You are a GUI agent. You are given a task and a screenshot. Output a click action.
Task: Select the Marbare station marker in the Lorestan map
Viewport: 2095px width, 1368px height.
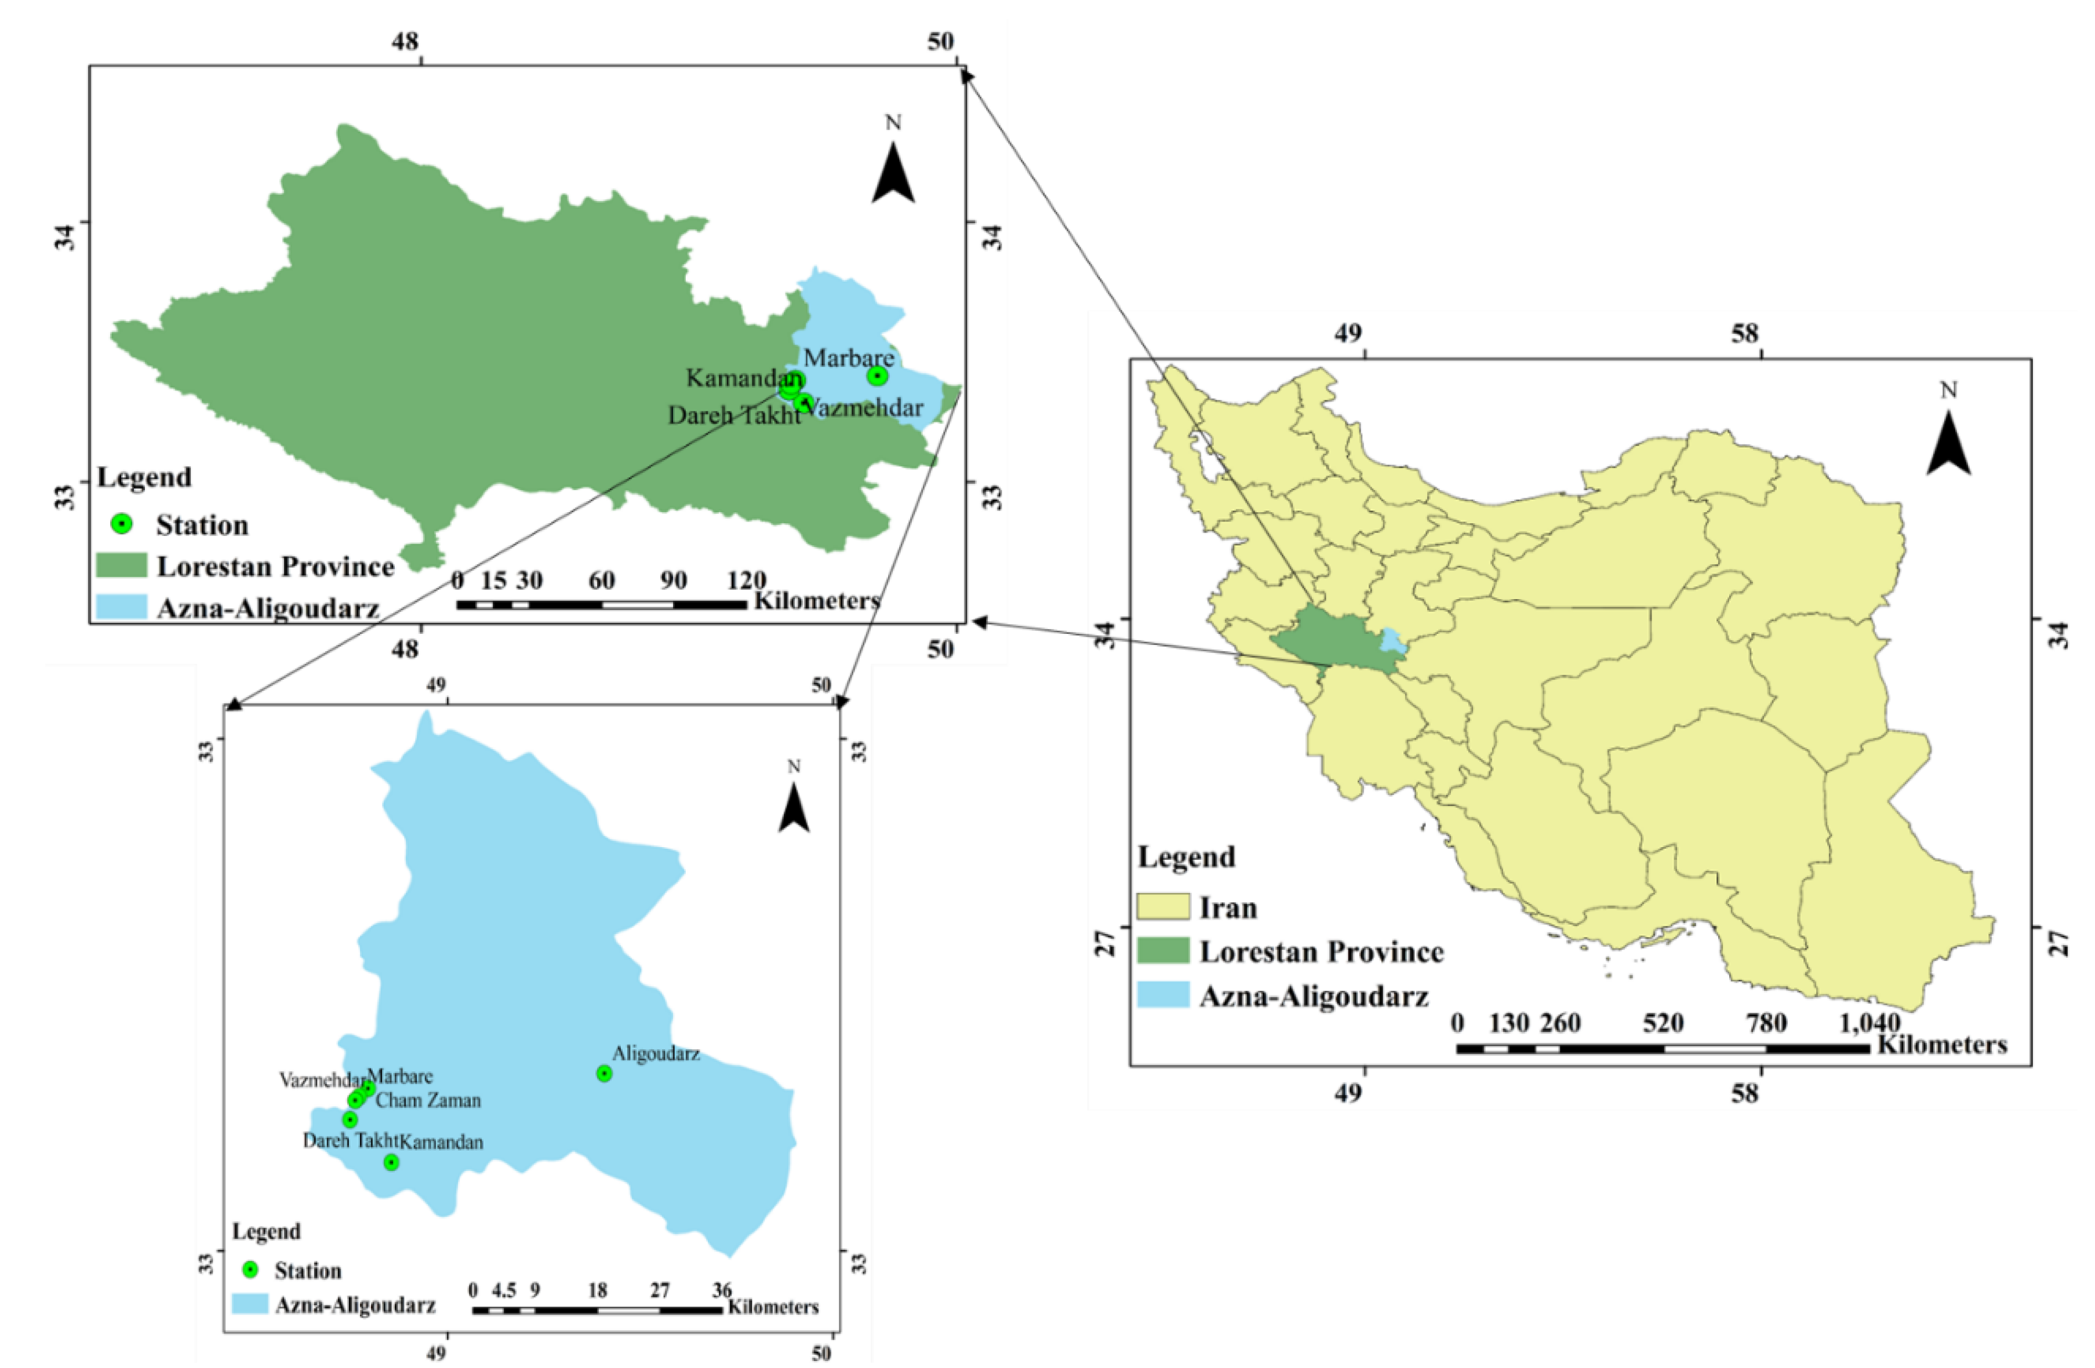point(876,375)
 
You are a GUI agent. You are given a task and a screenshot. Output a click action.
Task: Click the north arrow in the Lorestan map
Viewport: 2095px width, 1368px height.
point(893,173)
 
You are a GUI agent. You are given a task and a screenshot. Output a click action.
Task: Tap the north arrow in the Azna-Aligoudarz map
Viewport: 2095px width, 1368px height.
point(794,808)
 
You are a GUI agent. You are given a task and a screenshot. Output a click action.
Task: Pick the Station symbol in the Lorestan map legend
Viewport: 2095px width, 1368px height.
point(122,524)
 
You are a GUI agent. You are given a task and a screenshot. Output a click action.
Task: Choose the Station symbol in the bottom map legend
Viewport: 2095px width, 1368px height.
point(250,1269)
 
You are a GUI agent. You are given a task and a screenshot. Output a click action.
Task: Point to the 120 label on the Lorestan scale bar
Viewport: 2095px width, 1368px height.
point(747,581)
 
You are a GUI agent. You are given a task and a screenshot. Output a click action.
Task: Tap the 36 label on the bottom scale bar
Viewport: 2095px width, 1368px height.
point(722,1290)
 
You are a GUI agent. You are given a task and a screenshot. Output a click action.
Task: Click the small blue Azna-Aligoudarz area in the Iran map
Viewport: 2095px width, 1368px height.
point(1392,640)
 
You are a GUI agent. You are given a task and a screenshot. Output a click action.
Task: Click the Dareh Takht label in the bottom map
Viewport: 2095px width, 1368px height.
point(350,1141)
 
